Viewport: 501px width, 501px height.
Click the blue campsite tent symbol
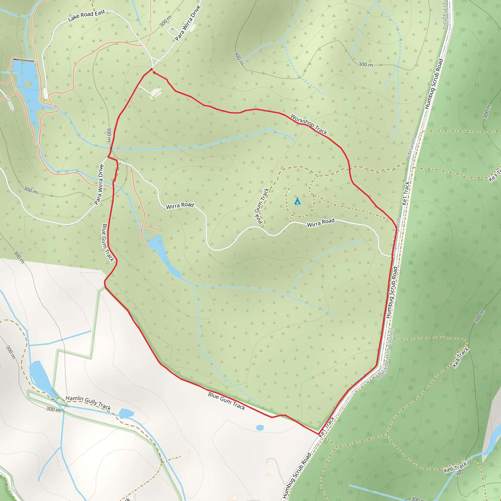(x=297, y=201)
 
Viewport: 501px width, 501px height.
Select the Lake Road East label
(x=86, y=16)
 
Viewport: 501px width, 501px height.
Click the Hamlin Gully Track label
(x=88, y=403)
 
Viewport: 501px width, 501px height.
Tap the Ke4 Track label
(x=461, y=357)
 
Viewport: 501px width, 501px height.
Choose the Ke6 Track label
(x=455, y=467)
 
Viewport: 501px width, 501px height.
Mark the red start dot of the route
(x=151, y=69)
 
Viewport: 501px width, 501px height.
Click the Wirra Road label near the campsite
(x=321, y=223)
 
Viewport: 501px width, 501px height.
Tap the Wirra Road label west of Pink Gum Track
(x=180, y=206)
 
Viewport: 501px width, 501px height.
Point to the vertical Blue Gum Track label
(x=108, y=243)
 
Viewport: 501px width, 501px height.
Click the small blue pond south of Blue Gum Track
(x=260, y=428)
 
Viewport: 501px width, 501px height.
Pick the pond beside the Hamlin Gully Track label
(x=126, y=413)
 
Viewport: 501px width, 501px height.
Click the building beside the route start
(x=156, y=92)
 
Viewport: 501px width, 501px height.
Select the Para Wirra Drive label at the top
(x=188, y=23)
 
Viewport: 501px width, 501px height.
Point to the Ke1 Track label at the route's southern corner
(x=327, y=427)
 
